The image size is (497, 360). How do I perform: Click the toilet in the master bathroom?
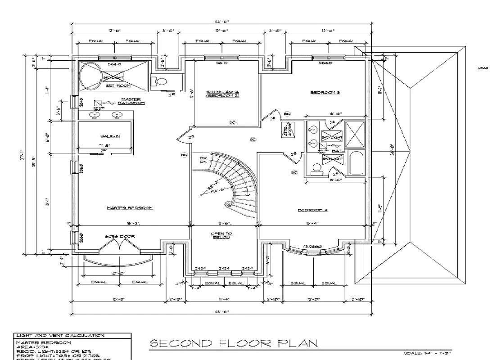pos(160,81)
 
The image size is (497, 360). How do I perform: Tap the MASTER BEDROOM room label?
pos(130,208)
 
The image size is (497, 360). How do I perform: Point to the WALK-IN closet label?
pos(110,136)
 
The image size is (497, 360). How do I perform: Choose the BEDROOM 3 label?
pos(325,93)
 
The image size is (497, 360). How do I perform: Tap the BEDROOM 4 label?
pos(312,210)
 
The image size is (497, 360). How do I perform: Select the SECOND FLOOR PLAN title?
pos(233,344)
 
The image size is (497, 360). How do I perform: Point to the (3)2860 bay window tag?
pos(312,247)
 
